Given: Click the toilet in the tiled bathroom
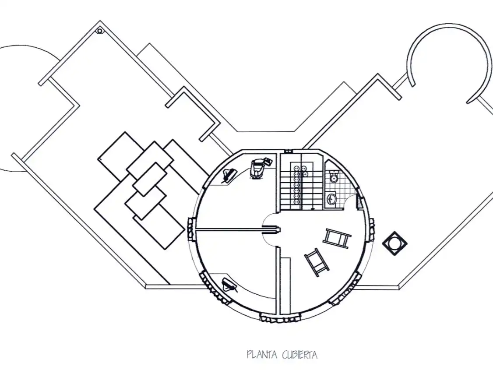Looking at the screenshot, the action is tap(334, 177).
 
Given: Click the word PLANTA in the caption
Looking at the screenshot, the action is tap(261, 355).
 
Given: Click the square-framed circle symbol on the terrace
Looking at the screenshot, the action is tap(394, 243).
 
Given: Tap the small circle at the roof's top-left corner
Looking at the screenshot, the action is tap(100, 31).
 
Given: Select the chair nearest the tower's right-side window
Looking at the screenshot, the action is tap(337, 238).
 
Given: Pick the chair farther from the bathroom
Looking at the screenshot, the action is tap(317, 262).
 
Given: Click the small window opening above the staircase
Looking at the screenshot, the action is tap(288, 151).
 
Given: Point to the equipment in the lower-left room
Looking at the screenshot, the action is tap(229, 285).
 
